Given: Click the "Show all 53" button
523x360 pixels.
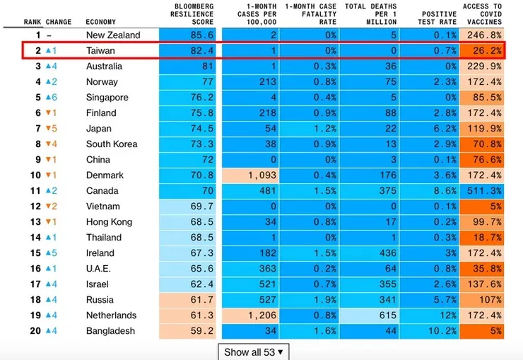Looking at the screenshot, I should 253,352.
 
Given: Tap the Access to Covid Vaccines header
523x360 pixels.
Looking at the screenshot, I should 482,14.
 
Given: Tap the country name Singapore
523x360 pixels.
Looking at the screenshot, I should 107,98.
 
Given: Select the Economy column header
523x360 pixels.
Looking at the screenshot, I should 100,22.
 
